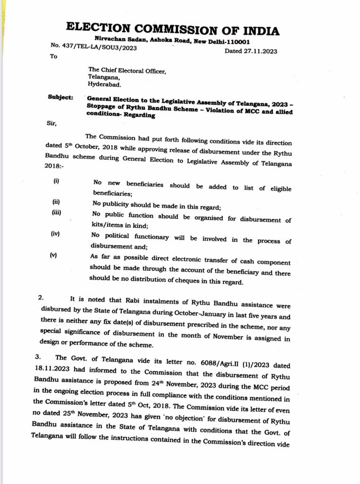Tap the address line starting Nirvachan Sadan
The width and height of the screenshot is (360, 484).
click(x=172, y=42)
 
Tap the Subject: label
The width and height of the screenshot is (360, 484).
click(x=60, y=97)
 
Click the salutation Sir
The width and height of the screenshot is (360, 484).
click(x=51, y=124)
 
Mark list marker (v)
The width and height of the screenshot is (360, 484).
click(x=54, y=255)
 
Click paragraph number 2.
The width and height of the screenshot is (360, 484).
click(x=41, y=298)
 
